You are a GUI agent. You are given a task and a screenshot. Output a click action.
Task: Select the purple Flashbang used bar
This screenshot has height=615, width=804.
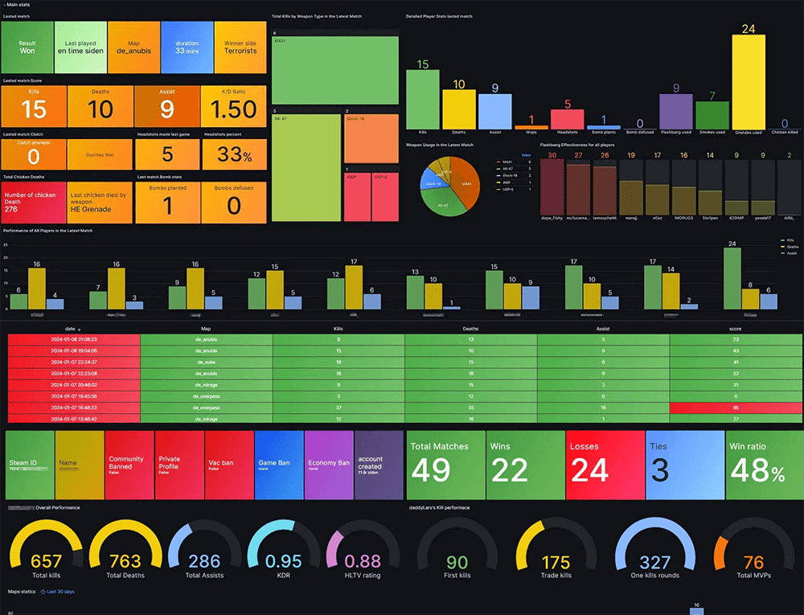click(675, 111)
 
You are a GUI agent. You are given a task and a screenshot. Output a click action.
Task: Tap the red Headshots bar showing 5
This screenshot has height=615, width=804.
click(567, 119)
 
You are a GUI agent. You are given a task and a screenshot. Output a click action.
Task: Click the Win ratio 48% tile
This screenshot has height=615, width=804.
click(763, 466)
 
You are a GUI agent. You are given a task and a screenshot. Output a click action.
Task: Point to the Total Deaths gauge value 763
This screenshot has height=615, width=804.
click(125, 560)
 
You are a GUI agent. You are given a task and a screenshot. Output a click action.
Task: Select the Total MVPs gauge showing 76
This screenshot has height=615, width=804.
click(753, 560)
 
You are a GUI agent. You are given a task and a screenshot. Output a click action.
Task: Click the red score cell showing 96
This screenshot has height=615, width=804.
click(736, 408)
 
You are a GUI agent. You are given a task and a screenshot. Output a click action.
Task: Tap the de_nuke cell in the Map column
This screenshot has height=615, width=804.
click(206, 362)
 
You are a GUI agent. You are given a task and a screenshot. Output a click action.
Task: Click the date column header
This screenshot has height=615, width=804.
click(73, 329)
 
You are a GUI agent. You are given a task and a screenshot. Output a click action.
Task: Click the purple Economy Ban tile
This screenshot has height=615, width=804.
click(328, 466)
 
